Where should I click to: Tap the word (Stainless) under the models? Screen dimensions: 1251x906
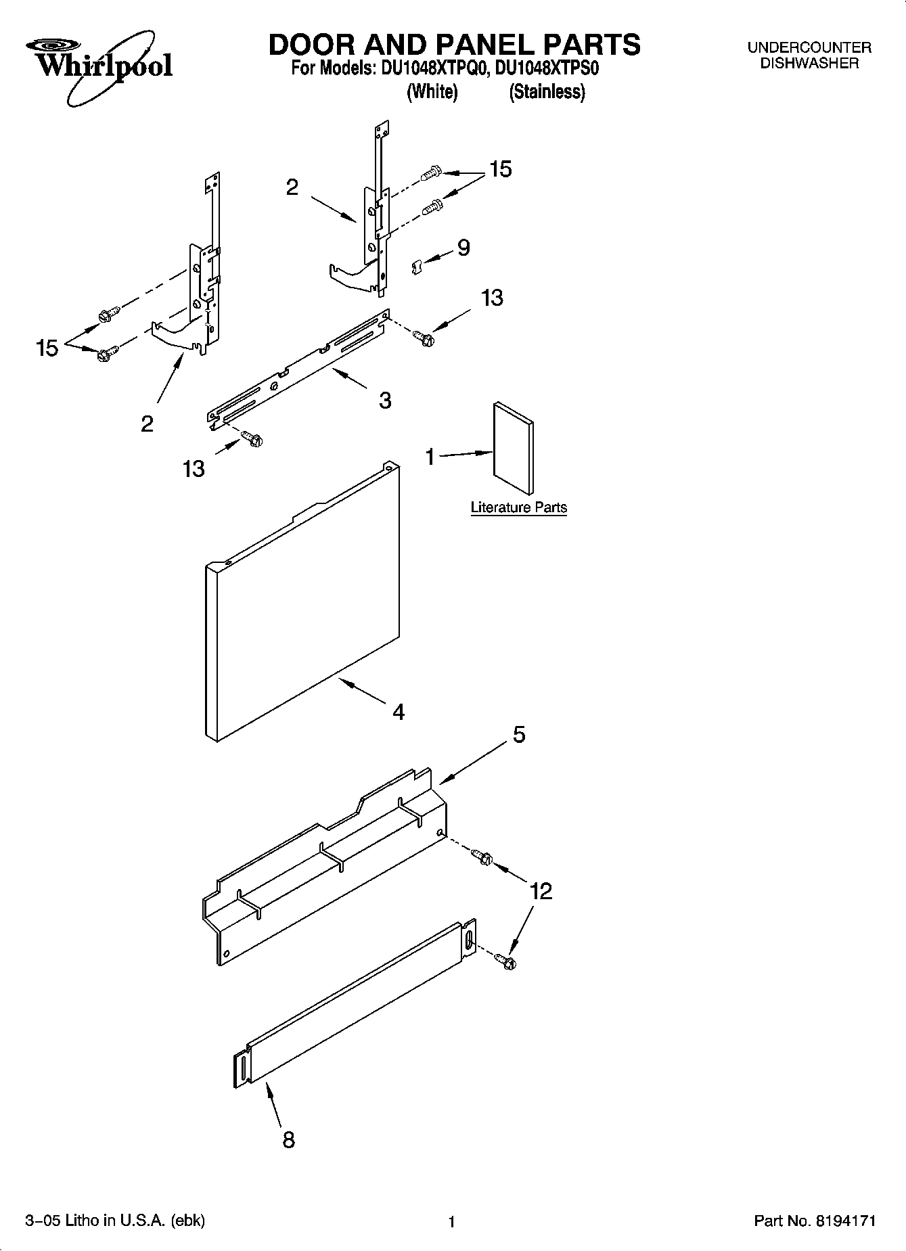pos(547,92)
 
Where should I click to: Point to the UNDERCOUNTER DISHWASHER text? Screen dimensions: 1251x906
pos(809,55)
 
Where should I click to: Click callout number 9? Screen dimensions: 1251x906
pos(463,248)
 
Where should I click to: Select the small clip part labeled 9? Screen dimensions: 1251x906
pos(417,267)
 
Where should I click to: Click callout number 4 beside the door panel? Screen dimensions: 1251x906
pos(399,711)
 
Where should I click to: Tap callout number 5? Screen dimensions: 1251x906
pos(519,734)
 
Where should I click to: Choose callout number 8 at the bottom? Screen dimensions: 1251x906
pos(288,1140)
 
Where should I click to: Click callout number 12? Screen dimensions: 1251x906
pos(541,890)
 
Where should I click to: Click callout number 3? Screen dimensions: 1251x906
pos(384,401)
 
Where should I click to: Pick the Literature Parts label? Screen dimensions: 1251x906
pos(518,507)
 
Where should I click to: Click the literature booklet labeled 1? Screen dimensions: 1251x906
pos(514,449)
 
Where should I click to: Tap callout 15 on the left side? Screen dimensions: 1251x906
pos(47,348)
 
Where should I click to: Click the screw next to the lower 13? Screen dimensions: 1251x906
pos(252,439)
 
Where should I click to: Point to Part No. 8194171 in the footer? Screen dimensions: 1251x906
pos(815,1221)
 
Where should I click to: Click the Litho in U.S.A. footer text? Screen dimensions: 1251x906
pos(115,1220)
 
